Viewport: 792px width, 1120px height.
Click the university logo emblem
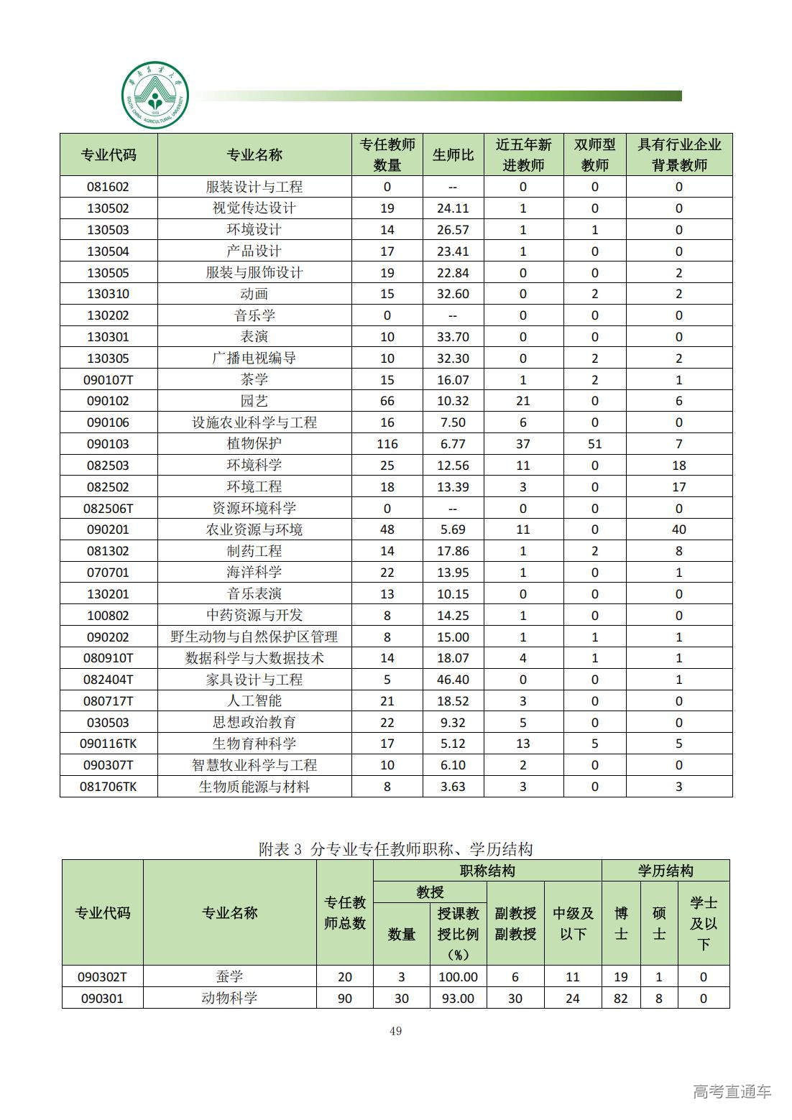tap(155, 95)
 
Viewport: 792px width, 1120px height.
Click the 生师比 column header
tap(453, 154)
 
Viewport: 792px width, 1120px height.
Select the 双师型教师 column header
tap(594, 154)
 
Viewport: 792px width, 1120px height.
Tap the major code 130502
tap(108, 208)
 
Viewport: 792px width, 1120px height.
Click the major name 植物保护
tap(254, 444)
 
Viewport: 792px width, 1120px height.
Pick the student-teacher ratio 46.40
tap(453, 680)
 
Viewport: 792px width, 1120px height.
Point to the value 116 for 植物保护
tap(387, 444)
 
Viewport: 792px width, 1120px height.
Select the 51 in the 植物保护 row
tap(594, 444)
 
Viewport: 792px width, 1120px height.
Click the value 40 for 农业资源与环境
tap(678, 529)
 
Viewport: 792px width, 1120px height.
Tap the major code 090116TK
tap(108, 744)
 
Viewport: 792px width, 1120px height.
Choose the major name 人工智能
tap(254, 701)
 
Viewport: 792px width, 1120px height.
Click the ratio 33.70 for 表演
tap(453, 337)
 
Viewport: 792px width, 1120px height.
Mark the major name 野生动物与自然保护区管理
tap(254, 637)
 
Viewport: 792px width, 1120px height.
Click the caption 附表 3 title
tap(395, 849)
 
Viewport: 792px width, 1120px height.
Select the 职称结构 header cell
tap(487, 871)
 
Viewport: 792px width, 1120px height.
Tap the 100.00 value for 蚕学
tap(458, 977)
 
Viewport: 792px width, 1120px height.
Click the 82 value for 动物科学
tap(621, 999)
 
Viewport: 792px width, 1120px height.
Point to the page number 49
tap(395, 1031)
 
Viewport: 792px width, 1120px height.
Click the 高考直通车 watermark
tap(732, 1091)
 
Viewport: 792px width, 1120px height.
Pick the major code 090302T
tap(102, 977)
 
